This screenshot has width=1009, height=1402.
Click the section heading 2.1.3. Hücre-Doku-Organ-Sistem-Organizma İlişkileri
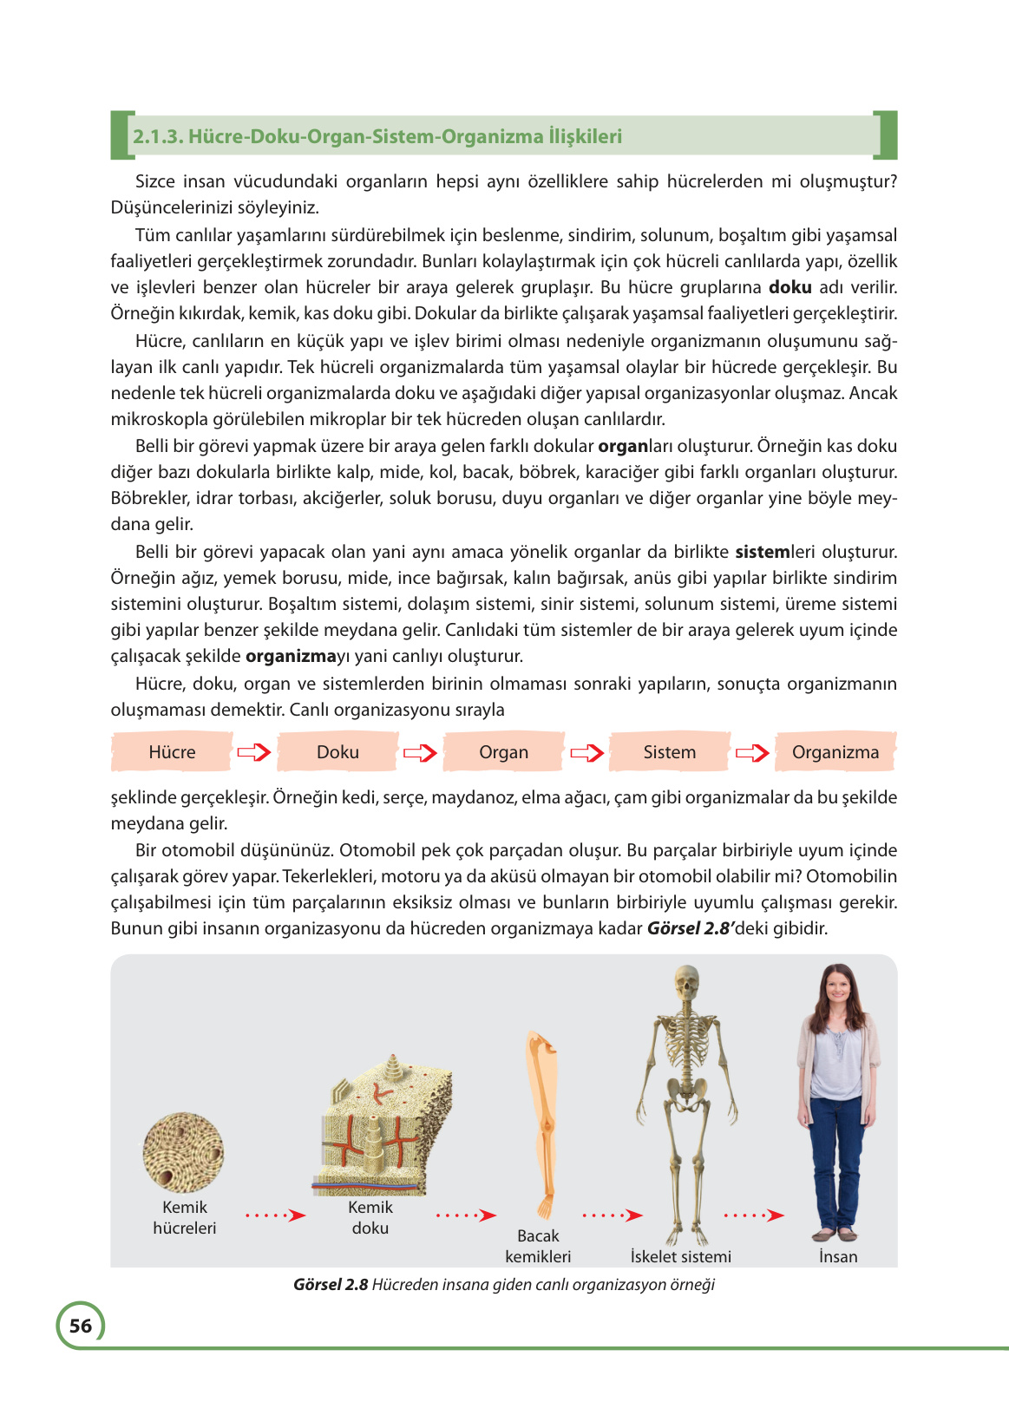click(x=377, y=136)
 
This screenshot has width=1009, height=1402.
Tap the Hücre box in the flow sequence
click(x=172, y=752)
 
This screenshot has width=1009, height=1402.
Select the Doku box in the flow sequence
click(x=337, y=752)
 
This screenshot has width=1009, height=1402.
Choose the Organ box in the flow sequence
click(x=503, y=752)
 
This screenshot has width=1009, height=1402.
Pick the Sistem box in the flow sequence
click(x=669, y=752)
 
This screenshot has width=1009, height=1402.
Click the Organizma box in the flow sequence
click(x=835, y=752)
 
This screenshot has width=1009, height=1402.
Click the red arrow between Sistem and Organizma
click(x=752, y=753)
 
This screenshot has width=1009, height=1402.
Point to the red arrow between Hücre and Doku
click(x=254, y=753)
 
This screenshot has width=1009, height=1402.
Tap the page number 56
click(x=81, y=1326)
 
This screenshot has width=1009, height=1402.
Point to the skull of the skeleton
click(x=687, y=983)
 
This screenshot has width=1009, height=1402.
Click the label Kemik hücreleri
click(x=185, y=1217)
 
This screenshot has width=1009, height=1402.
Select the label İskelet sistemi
click(x=680, y=1256)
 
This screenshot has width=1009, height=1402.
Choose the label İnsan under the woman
click(x=838, y=1256)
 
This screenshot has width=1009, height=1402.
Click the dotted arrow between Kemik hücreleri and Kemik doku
click(x=275, y=1215)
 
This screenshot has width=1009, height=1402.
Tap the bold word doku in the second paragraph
click(x=790, y=287)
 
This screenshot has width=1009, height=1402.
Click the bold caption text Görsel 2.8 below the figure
click(x=331, y=1284)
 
